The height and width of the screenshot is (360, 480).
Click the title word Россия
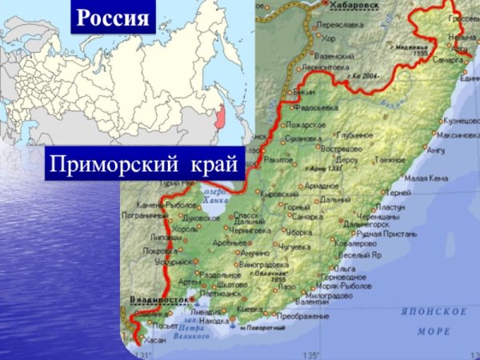113,17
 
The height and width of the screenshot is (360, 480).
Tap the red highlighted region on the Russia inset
216,118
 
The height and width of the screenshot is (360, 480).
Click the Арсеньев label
228,242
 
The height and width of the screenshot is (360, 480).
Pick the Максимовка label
457,135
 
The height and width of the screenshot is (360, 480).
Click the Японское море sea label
442,319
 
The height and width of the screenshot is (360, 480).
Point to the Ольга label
345,268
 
